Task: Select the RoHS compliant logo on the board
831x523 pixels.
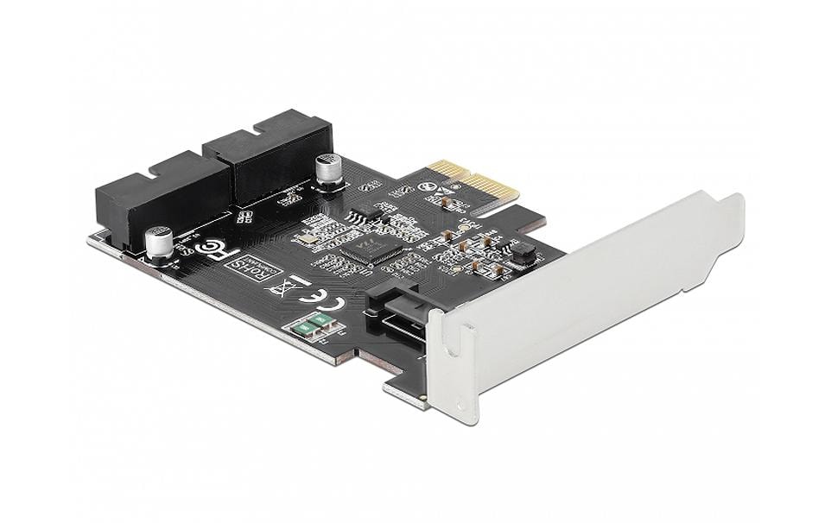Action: pos(247,269)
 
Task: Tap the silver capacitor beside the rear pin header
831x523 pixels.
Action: pos(329,168)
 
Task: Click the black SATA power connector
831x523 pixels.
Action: pos(399,311)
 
